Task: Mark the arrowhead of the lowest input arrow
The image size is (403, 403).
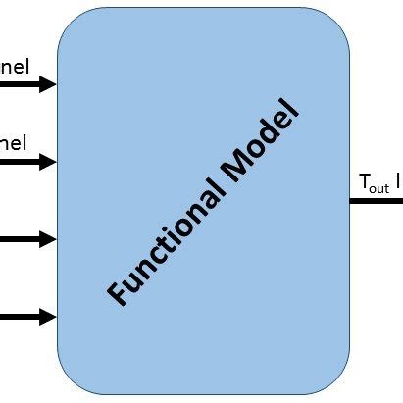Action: point(47,316)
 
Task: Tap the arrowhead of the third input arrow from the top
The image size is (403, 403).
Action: point(47,239)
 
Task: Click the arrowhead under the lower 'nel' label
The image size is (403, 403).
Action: point(47,162)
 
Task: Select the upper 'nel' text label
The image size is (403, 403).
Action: point(15,67)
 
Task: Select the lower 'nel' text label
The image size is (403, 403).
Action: point(15,143)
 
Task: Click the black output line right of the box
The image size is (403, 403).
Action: point(378,201)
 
